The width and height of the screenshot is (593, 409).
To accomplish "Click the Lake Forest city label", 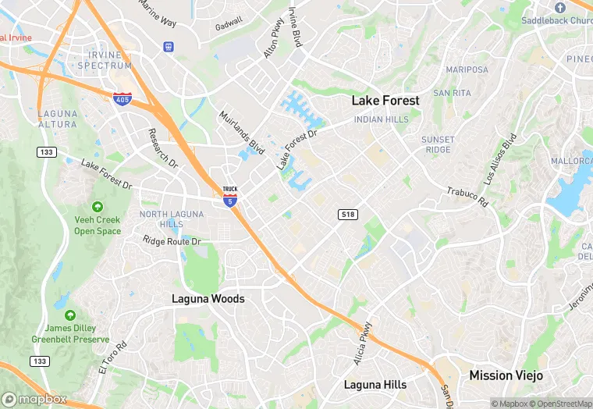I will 385,101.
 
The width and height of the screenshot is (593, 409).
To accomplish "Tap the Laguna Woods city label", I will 208,299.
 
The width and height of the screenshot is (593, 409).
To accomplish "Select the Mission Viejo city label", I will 506,375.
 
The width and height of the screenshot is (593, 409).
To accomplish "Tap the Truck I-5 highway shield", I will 229,196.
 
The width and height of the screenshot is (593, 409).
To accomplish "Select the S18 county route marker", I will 348,214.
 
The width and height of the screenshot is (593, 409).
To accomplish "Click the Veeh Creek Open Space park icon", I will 98,207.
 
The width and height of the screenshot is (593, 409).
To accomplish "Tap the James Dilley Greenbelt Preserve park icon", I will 70,315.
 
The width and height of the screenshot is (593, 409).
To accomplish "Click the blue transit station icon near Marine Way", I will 168,47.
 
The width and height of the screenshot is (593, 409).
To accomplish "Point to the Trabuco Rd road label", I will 467,197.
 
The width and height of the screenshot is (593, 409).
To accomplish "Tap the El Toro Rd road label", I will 112,356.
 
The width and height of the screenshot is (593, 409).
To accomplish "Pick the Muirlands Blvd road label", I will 241,133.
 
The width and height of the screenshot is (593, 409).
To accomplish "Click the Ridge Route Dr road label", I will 172,241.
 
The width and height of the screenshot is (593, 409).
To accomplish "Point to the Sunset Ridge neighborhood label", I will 438,144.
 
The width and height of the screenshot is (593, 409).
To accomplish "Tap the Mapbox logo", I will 34,398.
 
